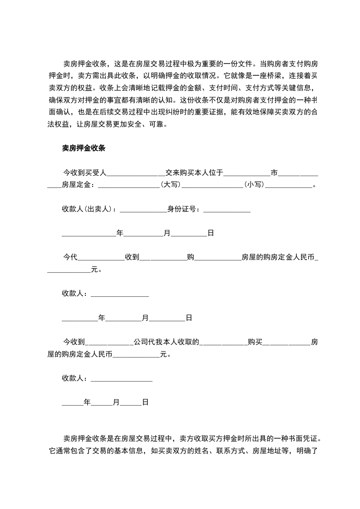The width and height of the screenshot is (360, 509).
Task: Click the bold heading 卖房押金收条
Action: tap(84, 148)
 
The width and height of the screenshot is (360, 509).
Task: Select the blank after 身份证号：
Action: tap(227, 209)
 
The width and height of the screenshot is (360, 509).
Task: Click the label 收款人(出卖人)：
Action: tap(89, 209)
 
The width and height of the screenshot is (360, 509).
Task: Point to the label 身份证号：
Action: tap(184, 209)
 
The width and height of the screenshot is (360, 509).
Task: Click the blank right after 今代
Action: tap(101, 257)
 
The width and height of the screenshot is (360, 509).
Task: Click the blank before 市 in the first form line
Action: tap(247, 172)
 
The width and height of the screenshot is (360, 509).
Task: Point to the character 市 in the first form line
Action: tap(274, 172)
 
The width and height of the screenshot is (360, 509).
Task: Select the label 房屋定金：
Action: tap(78, 185)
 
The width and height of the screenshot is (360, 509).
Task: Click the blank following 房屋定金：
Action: tap(129, 185)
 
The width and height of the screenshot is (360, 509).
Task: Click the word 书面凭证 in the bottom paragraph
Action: tap(306, 439)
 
